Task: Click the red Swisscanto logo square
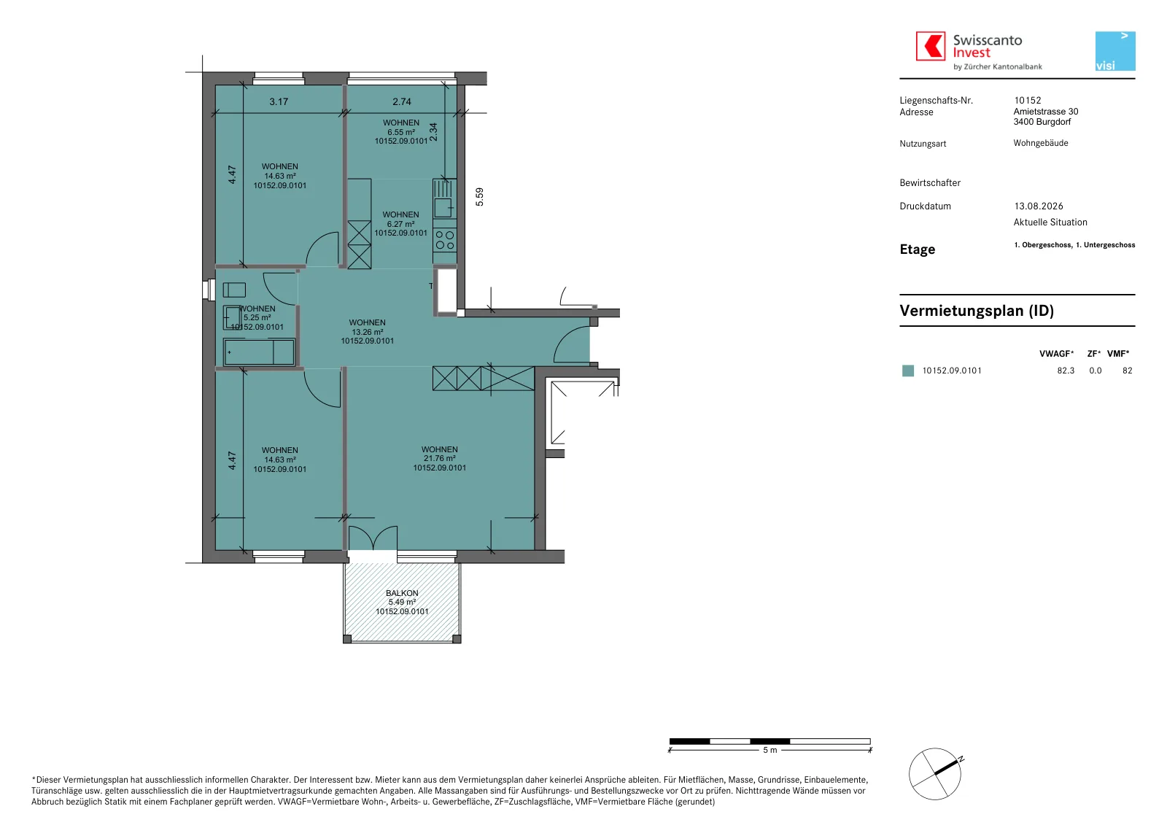[931, 46]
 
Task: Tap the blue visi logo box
[1115, 51]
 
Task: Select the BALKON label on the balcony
[402, 593]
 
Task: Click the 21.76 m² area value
[440, 459]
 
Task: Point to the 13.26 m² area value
[368, 332]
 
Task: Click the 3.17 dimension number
[279, 101]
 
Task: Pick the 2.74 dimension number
[402, 101]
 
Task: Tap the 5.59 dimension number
[479, 196]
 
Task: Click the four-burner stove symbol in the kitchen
[445, 240]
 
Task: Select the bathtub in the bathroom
[259, 352]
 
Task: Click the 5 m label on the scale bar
[770, 750]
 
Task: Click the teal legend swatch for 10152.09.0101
[908, 371]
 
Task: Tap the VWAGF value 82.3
[1066, 371]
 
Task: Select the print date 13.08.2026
[1039, 206]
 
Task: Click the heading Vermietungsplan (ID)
[977, 311]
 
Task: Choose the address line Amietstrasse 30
[1046, 112]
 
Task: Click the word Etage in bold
[918, 249]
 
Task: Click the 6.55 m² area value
[400, 132]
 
